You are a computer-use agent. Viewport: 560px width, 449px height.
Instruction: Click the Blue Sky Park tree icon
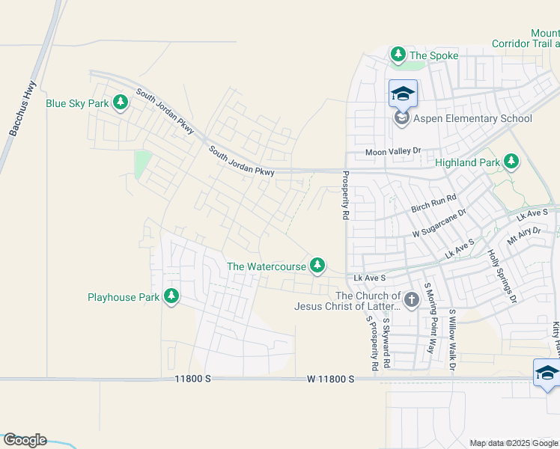click(x=120, y=103)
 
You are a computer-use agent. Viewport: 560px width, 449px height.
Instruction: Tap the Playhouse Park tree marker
click(x=171, y=296)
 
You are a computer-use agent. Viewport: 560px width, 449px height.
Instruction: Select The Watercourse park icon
click(x=318, y=264)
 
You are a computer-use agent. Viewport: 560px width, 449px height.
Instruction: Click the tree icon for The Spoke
click(x=398, y=55)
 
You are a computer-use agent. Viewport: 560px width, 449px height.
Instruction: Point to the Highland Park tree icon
click(x=511, y=162)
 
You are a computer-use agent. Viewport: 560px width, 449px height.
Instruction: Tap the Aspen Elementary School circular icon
click(x=402, y=118)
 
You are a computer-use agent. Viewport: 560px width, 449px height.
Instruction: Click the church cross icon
click(x=411, y=300)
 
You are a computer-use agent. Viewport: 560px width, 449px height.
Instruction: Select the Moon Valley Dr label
click(x=394, y=152)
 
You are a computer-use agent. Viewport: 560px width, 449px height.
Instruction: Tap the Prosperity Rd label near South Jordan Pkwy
click(x=346, y=195)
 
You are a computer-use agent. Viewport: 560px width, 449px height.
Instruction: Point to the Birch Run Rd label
click(x=433, y=204)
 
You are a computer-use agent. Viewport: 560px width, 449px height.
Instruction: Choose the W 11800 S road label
click(x=330, y=379)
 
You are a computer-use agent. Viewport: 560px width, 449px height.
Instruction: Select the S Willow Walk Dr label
click(x=452, y=340)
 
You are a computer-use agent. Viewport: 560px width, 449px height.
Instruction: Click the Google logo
click(x=24, y=440)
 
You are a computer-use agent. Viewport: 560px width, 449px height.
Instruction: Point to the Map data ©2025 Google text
click(x=514, y=443)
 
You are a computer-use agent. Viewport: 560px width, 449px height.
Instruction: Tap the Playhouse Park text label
click(x=124, y=297)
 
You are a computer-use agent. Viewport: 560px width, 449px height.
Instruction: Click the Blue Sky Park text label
click(x=78, y=103)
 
